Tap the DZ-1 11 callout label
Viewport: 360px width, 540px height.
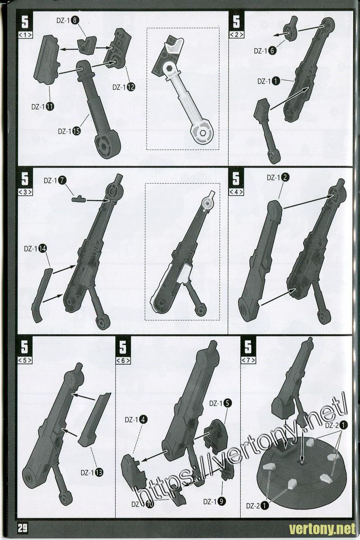[43, 107]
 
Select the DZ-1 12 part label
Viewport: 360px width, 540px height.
[124, 87]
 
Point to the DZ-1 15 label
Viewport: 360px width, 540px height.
[69, 131]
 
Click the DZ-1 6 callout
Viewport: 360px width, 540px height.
[265, 51]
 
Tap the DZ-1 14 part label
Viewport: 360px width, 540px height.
[35, 249]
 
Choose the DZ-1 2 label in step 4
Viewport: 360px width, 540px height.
[278, 178]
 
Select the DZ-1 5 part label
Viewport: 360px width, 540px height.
[220, 403]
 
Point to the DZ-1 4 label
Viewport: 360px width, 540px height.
[136, 420]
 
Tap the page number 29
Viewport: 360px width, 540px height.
[22, 528]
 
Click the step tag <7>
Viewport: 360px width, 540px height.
[248, 360]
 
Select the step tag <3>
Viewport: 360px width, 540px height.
[25, 192]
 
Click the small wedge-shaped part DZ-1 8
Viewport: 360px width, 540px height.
[87, 45]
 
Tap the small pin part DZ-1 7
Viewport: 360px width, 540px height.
[79, 199]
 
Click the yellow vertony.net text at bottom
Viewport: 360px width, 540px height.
[322, 529]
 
